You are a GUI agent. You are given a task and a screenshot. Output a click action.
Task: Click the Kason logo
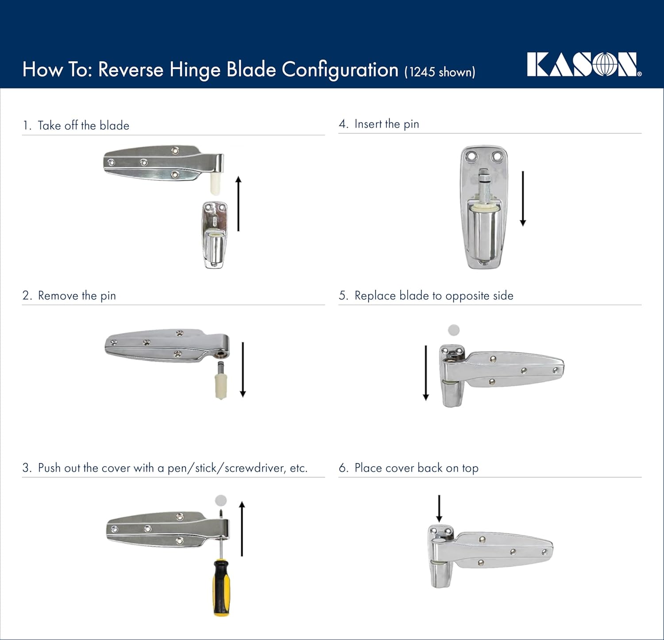tap(583, 65)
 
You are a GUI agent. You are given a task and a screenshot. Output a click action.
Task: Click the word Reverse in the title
tap(131, 70)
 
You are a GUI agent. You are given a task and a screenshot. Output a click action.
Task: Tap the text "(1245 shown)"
tap(440, 72)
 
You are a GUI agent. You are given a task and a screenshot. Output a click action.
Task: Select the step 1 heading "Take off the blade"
tap(83, 125)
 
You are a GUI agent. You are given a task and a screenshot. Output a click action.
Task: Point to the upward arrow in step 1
tap(239, 203)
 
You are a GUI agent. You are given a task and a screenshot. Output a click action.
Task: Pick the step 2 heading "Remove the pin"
tap(77, 296)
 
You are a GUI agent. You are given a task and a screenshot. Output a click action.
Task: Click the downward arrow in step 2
tap(243, 369)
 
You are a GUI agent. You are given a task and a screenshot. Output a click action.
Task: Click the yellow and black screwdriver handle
tap(221, 588)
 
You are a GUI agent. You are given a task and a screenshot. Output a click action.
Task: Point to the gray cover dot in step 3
tap(220, 501)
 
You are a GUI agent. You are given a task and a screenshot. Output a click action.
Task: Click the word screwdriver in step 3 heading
tap(254, 468)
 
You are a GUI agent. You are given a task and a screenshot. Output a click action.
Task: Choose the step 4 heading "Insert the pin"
tap(386, 124)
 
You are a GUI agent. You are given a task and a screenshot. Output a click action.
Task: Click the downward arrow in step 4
tap(523, 198)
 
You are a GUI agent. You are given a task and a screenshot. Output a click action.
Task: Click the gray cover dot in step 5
tap(454, 330)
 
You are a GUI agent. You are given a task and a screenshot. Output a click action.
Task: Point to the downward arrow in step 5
tap(426, 373)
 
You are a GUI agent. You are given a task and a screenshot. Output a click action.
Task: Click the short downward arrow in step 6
tap(439, 509)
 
